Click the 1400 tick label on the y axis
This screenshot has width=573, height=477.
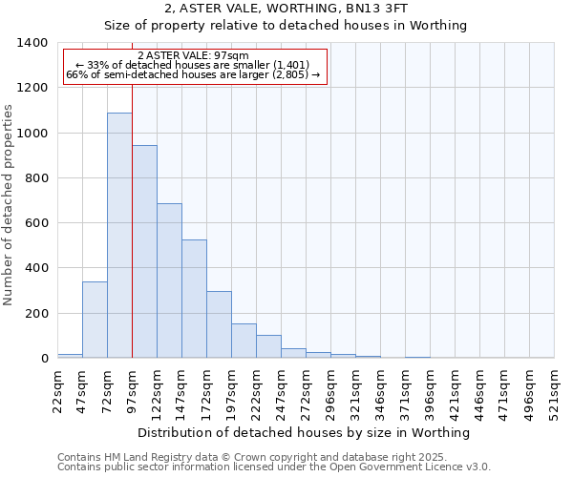32,43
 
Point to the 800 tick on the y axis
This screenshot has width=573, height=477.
36,178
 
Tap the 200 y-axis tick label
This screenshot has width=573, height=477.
36,314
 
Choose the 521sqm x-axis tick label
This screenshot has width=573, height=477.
554,389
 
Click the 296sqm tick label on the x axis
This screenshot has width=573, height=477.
330,389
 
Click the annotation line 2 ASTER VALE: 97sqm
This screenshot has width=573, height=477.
194,56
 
